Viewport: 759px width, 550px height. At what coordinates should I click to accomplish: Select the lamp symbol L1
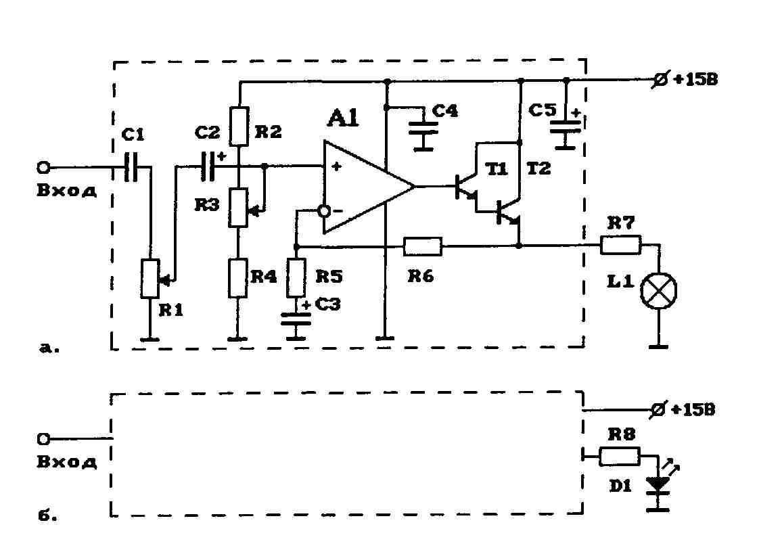click(x=658, y=291)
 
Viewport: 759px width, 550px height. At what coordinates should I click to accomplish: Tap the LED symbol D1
click(x=658, y=485)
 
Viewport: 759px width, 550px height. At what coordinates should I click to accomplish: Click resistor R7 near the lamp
click(x=620, y=245)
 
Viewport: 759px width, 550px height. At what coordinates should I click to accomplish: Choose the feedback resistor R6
click(x=423, y=246)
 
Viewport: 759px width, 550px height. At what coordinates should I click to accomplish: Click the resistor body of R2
click(x=239, y=127)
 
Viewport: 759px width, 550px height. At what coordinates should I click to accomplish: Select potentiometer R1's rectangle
click(x=150, y=279)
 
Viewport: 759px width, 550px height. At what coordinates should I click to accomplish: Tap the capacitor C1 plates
click(x=130, y=167)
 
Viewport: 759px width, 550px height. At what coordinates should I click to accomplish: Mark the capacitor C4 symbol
click(x=423, y=127)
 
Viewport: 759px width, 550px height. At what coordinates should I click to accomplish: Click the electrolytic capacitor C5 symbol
click(x=565, y=127)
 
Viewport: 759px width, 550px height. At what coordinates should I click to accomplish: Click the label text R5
click(x=329, y=277)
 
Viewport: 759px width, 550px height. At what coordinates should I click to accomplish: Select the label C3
click(x=327, y=304)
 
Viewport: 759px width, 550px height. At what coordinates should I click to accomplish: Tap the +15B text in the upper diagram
click(x=695, y=79)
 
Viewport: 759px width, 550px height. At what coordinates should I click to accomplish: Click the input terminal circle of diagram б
click(x=43, y=438)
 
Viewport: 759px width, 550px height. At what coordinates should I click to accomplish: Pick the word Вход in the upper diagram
click(x=67, y=190)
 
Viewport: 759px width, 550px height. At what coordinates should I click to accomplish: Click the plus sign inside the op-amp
click(x=336, y=167)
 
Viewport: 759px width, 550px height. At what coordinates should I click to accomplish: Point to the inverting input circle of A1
click(x=324, y=210)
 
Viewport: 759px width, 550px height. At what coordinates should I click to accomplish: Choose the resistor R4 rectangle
click(x=238, y=278)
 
